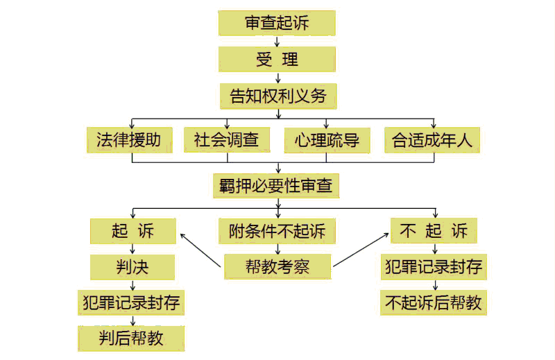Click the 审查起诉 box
tap(277, 23)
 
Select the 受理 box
tap(277, 60)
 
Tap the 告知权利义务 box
tap(278, 96)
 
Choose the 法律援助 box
tap(130, 140)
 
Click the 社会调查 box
tap(227, 140)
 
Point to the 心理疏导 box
tap(327, 141)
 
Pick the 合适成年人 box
tap(432, 140)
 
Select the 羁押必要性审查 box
tap(276, 186)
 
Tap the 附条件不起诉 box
tap(277, 231)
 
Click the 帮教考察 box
tap(278, 266)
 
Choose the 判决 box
tap(133, 267)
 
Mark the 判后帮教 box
tap(131, 338)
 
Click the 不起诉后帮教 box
tap(434, 302)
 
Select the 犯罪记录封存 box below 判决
tap(131, 302)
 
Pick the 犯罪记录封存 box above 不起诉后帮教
tap(434, 267)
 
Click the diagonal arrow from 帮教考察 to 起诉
tap(200, 250)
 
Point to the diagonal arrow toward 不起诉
tap(361, 250)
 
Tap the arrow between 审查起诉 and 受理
tap(277, 42)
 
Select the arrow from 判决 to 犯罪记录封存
tap(133, 285)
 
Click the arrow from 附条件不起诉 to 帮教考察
tap(278, 249)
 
